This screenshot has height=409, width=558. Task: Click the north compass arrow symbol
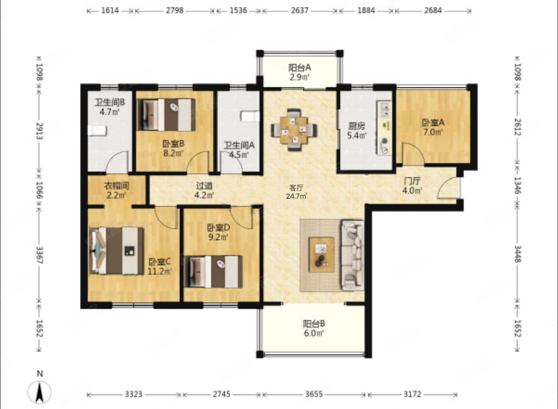point(39,392)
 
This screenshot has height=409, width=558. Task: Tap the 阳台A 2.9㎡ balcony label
point(300,72)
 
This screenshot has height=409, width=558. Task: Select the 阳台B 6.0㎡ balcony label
point(314,328)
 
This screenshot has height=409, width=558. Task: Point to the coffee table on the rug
point(321,255)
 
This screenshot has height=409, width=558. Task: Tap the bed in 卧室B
point(166,115)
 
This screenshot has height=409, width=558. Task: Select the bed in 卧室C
point(116,251)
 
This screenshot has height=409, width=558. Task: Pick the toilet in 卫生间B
point(97,131)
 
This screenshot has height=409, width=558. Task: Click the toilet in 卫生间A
point(250,116)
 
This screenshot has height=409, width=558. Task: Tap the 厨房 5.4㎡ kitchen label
point(357,131)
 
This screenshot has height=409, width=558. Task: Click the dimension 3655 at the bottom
point(314,394)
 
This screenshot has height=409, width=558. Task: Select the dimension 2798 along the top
point(175,10)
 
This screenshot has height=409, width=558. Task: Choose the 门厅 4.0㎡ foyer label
point(412,185)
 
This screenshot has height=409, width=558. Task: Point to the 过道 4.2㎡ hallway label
point(204,190)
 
